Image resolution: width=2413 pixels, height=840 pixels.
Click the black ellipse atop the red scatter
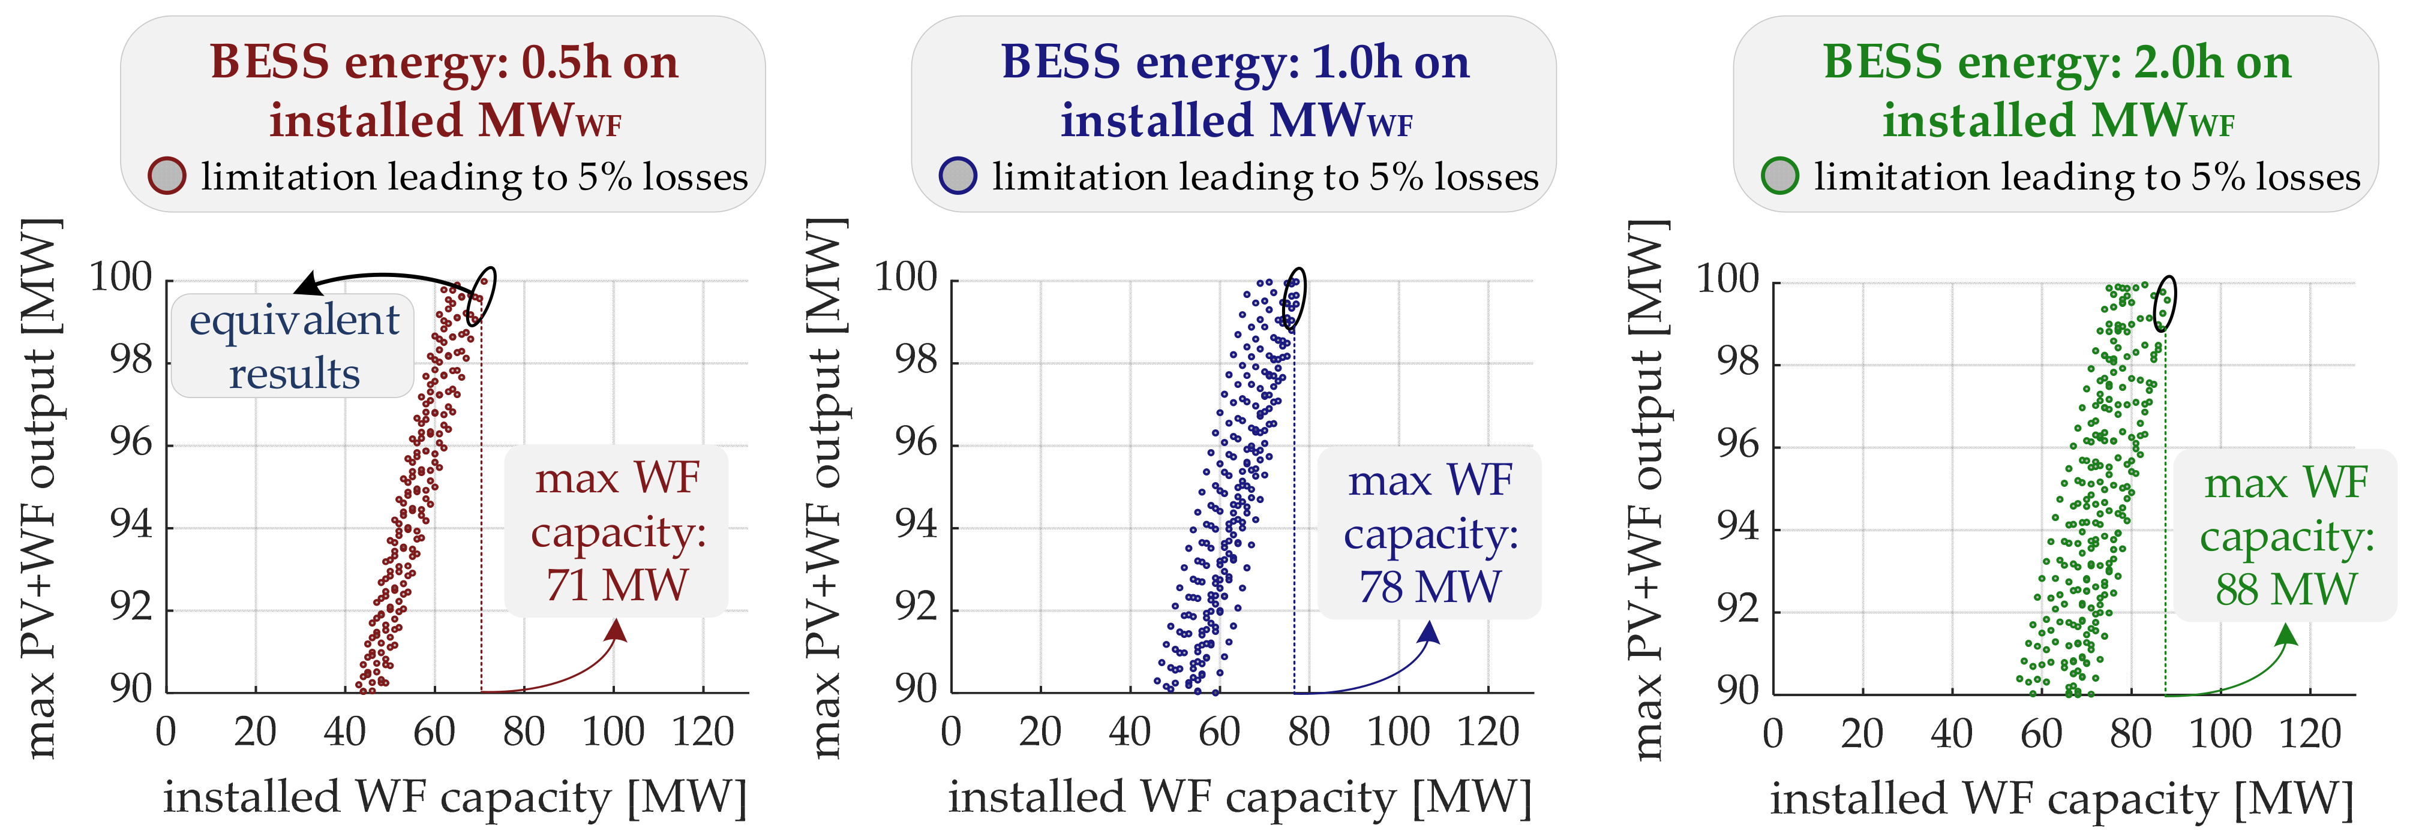[x=481, y=296]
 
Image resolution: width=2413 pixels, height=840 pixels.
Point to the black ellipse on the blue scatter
[x=1293, y=299]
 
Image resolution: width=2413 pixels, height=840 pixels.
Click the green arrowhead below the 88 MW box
[x=2286, y=635]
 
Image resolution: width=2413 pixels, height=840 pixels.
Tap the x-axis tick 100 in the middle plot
[x=1398, y=731]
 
